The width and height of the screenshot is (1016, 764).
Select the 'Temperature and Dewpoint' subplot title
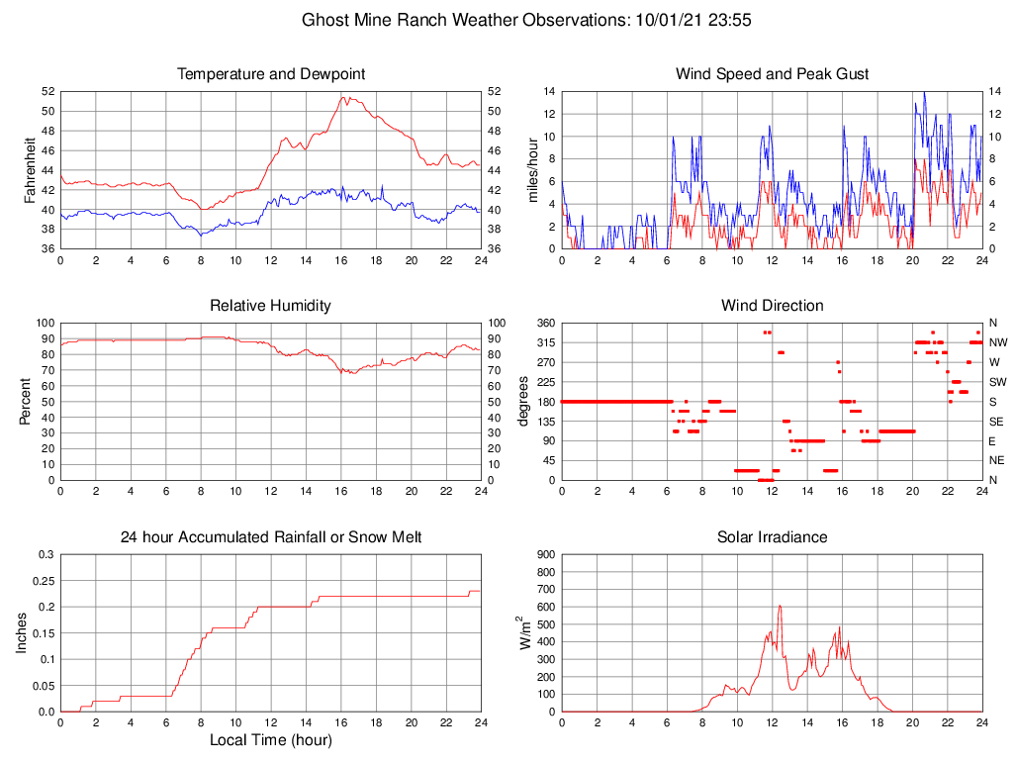pyautogui.click(x=270, y=74)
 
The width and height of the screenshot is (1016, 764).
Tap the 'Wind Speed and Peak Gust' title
pyautogui.click(x=772, y=74)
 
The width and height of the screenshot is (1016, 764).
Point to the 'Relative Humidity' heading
pyautogui.click(x=270, y=306)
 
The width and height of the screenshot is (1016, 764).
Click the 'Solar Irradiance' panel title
pyautogui.click(x=772, y=537)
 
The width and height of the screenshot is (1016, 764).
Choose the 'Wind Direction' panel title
pyautogui.click(x=772, y=306)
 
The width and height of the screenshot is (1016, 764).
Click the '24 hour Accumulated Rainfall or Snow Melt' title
pyautogui.click(x=270, y=537)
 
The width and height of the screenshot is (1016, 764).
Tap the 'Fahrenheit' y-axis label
pyautogui.click(x=30, y=169)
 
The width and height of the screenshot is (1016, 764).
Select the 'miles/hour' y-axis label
pyautogui.click(x=531, y=169)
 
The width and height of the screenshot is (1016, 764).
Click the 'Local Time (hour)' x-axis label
pyautogui.click(x=270, y=739)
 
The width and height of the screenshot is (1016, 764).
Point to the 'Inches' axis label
pyautogui.click(x=22, y=632)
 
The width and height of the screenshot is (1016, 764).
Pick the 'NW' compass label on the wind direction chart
pyautogui.click(x=997, y=342)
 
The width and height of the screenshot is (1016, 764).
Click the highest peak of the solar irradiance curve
pyautogui.click(x=780, y=606)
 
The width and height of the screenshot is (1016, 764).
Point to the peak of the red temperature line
pyautogui.click(x=343, y=97)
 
